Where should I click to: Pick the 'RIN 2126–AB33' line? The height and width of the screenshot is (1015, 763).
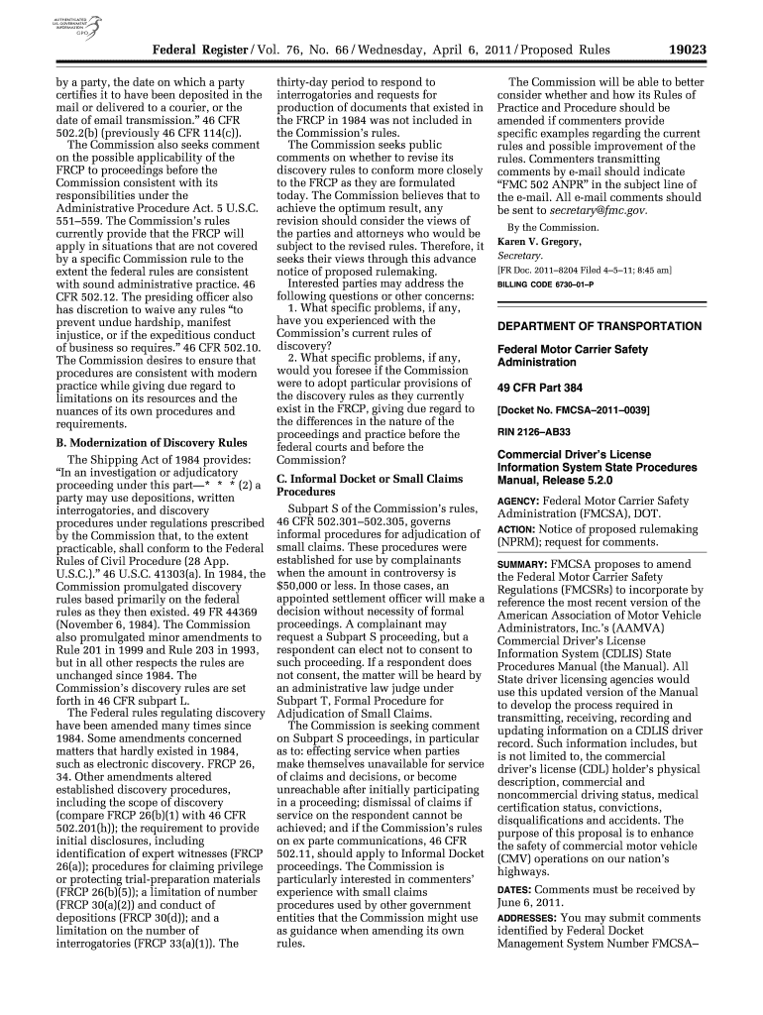pos(537,432)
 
